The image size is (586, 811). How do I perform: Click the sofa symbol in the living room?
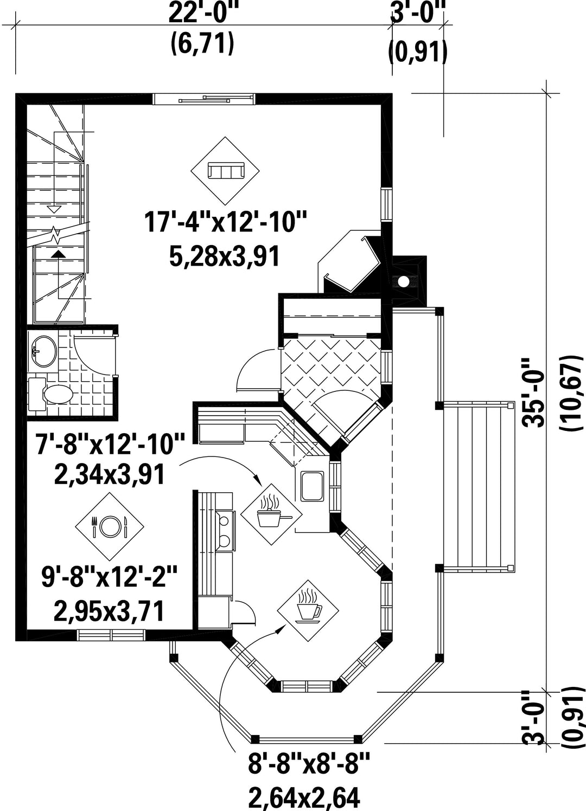tap(225, 171)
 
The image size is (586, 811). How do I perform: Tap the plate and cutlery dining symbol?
tap(109, 526)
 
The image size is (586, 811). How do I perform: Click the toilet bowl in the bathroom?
tap(58, 395)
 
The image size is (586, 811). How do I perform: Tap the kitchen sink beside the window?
tap(311, 486)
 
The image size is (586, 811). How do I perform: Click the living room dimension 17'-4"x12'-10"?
tap(225, 222)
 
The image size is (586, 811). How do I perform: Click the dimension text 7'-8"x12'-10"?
tap(110, 443)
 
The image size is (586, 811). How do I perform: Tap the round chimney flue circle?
tap(403, 281)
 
